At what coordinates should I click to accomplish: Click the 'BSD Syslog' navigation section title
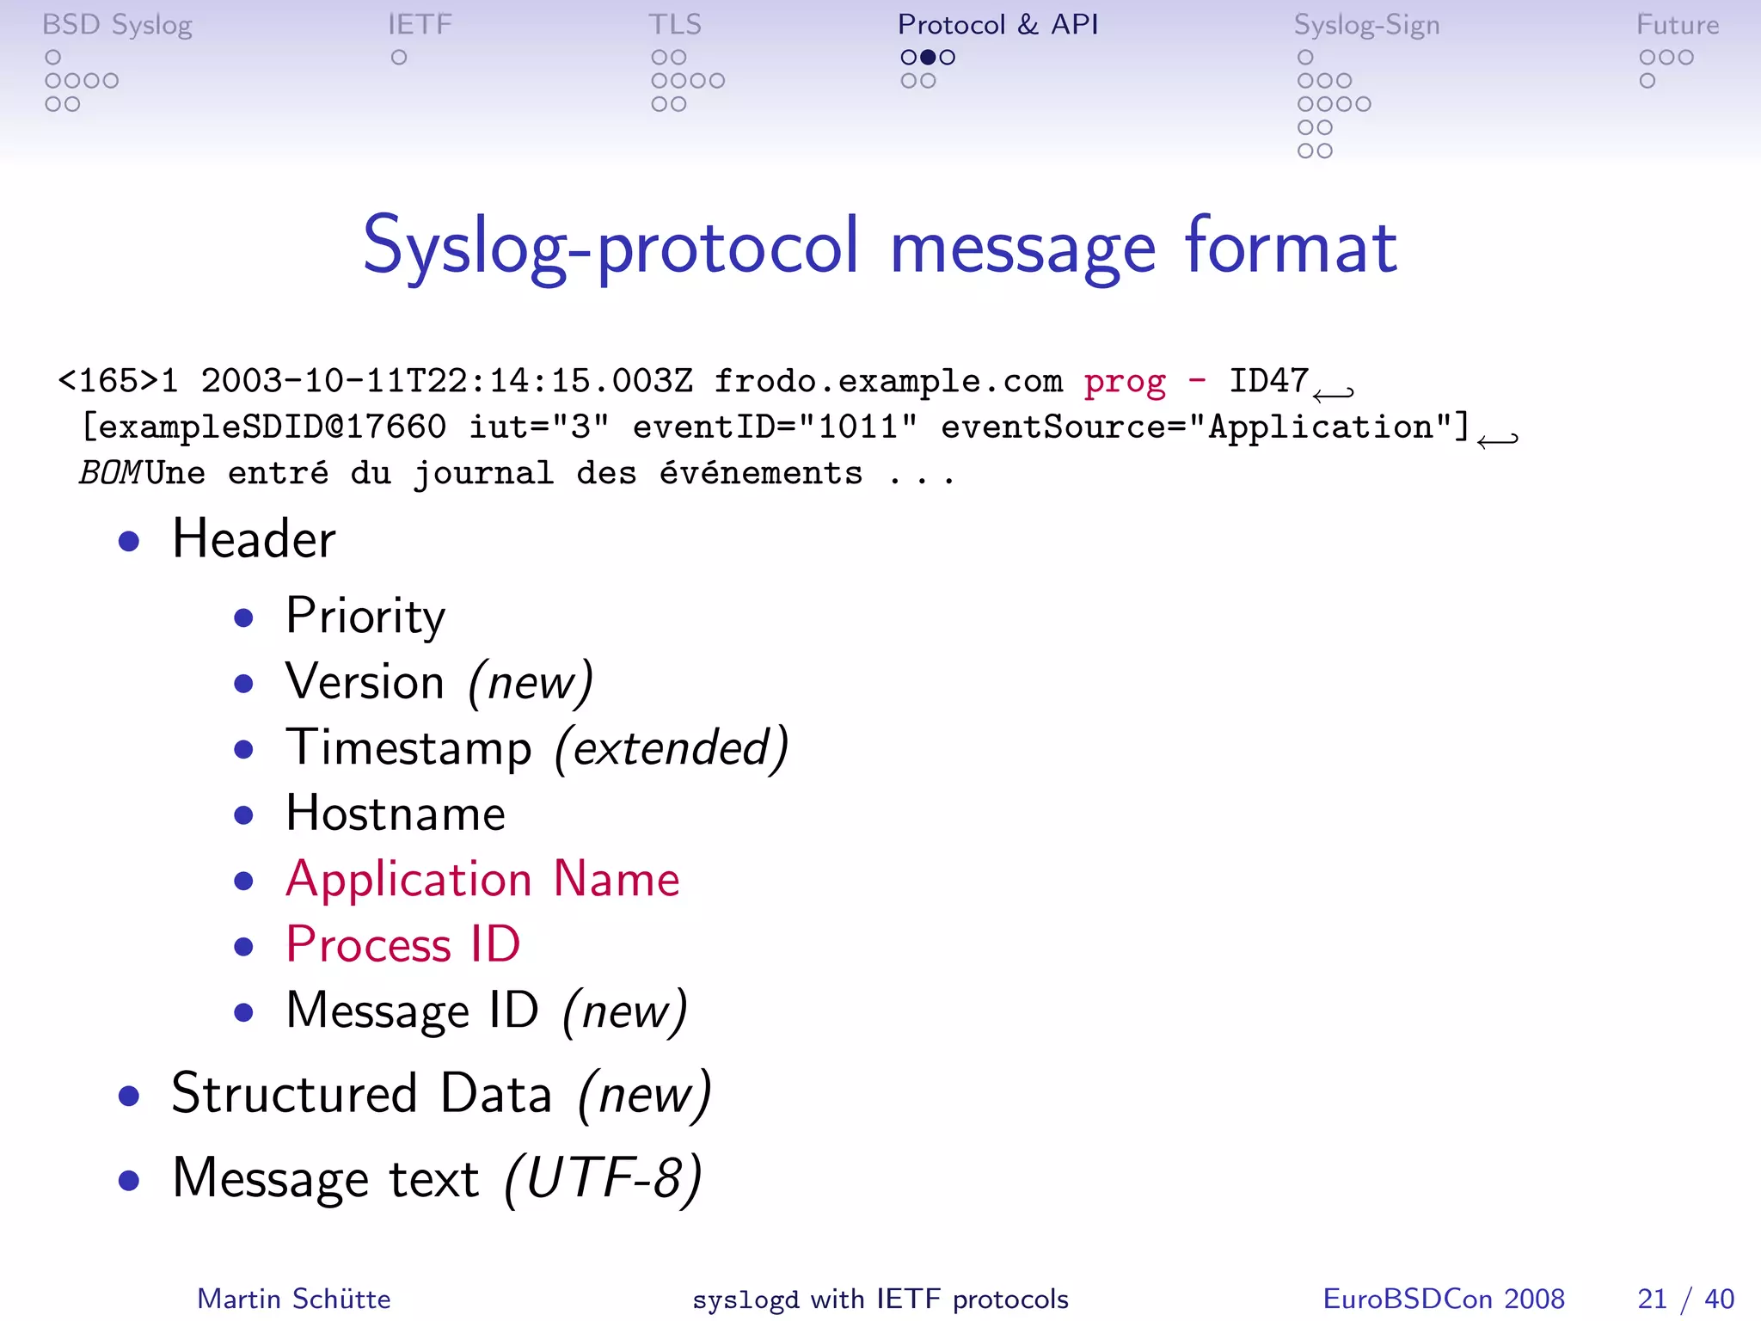click(117, 26)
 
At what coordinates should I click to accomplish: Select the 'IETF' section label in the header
click(420, 25)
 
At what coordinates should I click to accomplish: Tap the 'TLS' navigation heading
click(675, 25)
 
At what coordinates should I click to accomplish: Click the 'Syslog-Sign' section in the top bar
click(1366, 26)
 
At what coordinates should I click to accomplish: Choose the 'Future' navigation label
click(1677, 25)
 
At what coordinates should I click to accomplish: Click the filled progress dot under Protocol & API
click(928, 58)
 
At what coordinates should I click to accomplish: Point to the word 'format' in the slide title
click(1291, 247)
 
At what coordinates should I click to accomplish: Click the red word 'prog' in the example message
click(1125, 381)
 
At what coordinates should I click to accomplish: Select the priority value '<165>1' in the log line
click(118, 381)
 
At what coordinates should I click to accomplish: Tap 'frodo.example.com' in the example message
click(888, 381)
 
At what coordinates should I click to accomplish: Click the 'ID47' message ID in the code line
click(1268, 380)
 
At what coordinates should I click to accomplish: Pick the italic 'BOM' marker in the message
click(110, 473)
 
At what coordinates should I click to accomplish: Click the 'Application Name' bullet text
click(482, 879)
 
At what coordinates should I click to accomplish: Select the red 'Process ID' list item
click(403, 944)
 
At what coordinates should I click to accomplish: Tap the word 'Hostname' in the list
click(396, 814)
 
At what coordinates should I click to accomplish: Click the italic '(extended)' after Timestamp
click(672, 747)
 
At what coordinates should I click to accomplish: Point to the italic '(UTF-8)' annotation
click(603, 1178)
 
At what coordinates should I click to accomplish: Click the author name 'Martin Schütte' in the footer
click(294, 1299)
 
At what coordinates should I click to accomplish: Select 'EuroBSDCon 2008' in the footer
click(1444, 1299)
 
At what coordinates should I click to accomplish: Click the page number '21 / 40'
click(1685, 1299)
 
